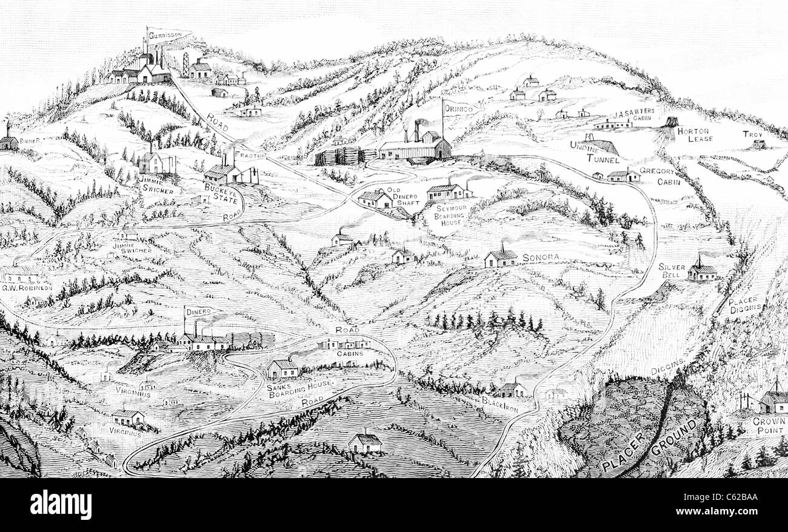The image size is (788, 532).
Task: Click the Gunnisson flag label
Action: [x=169, y=35]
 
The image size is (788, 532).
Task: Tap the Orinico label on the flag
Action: [x=458, y=108]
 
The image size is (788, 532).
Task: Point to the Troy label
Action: [x=753, y=134]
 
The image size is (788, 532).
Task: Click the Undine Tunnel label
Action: [x=594, y=153]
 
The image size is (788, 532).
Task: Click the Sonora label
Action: [x=539, y=258]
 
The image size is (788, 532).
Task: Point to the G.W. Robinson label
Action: [x=27, y=287]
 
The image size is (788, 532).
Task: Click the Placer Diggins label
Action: [x=745, y=304]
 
